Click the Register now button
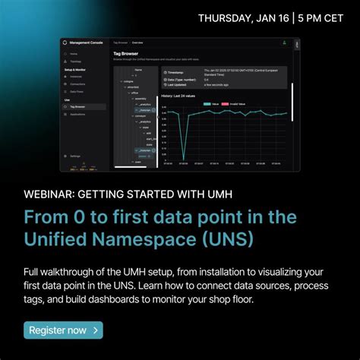pyautogui.click(x=63, y=330)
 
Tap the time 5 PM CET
pyautogui.click(x=311, y=17)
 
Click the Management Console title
pyautogui.click(x=84, y=43)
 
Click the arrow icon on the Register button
pyautogui.click(x=95, y=330)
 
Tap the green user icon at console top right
pyautogui.click(x=283, y=43)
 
